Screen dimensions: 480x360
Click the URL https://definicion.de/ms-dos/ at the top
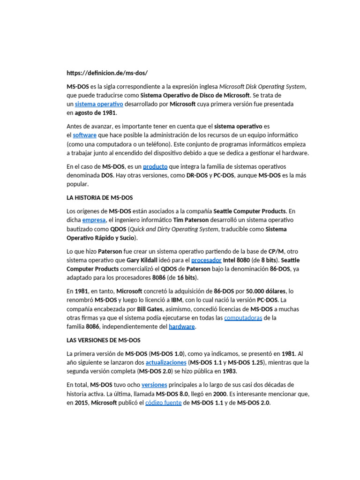tap(107, 73)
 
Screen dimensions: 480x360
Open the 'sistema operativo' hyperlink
tap(99, 104)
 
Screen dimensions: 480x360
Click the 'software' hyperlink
tap(85, 135)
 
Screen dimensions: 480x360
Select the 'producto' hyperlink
tap(155, 166)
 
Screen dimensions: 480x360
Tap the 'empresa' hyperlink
tap(94, 220)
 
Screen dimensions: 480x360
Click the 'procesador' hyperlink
tap(207, 260)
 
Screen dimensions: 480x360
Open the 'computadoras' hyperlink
tap(243, 318)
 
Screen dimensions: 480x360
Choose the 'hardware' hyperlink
tap(181, 327)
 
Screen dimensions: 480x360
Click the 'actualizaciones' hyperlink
tap(166, 362)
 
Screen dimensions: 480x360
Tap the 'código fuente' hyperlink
tap(163, 403)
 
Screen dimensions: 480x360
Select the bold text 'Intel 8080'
tap(237, 260)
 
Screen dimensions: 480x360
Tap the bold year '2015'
tap(82, 403)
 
